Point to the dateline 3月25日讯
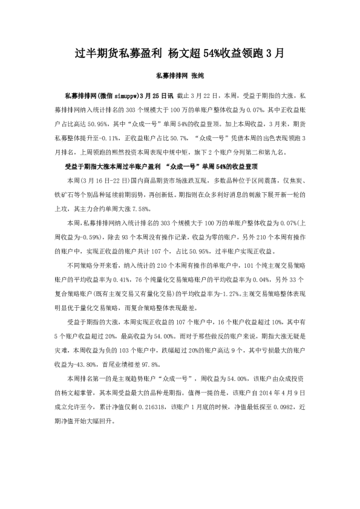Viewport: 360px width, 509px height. [x=156, y=95]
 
